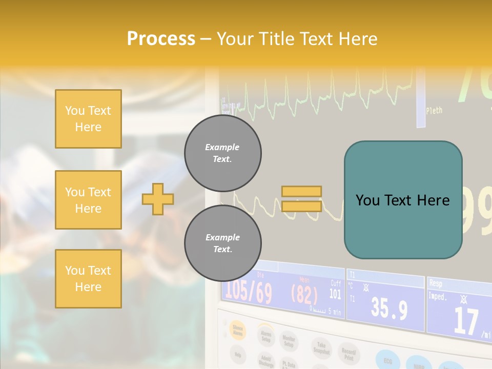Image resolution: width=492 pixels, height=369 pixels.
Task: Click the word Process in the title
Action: point(161,39)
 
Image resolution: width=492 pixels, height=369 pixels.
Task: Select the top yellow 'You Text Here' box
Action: point(88,119)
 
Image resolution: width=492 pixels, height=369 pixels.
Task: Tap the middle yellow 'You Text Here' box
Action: point(88,200)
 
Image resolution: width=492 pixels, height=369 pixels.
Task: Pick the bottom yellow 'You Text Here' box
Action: point(88,279)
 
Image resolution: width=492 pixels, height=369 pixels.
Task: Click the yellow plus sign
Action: point(158,199)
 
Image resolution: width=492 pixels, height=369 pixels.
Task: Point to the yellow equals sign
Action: point(301,199)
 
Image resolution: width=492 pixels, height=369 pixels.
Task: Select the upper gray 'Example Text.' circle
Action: point(222,153)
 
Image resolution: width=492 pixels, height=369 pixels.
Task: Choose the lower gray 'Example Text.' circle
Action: point(222,243)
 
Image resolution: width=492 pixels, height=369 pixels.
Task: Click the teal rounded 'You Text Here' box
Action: point(403,200)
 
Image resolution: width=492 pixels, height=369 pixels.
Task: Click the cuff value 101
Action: point(335,294)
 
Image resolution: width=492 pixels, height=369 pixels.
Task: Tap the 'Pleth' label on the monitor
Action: point(434,110)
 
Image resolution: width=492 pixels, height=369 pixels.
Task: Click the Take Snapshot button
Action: point(321,348)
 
